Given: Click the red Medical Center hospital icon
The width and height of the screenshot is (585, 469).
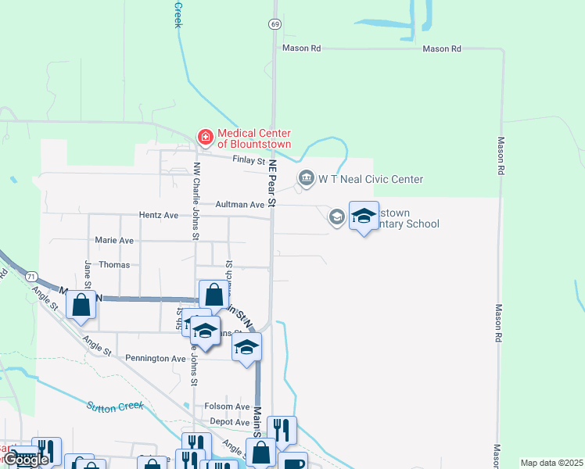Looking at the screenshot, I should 206,138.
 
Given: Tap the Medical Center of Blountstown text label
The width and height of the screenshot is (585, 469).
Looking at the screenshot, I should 254,138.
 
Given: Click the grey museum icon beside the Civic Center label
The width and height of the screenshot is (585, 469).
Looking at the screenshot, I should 306,179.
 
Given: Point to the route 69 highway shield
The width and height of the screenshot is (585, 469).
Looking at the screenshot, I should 275,24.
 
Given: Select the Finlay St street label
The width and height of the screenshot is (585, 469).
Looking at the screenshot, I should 250,160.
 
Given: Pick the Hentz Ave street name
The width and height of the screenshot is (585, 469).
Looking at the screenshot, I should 160,214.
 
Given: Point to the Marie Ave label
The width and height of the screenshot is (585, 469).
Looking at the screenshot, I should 114,240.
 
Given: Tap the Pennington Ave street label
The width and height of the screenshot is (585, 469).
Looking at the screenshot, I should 156,358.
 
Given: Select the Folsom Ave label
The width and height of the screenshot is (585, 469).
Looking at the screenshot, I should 227,406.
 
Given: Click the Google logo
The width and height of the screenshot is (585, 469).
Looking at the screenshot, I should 26,460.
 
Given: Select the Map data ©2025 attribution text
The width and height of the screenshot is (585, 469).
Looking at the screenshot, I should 551,463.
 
